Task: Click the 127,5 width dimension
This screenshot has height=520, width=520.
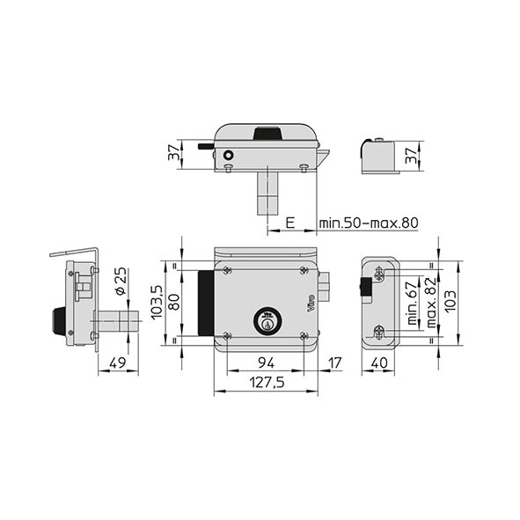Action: [267, 383]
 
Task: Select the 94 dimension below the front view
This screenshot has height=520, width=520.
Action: [267, 363]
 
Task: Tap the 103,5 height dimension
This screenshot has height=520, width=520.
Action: [157, 303]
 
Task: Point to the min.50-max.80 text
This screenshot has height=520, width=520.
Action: [369, 223]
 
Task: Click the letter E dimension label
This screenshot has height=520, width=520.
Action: [290, 223]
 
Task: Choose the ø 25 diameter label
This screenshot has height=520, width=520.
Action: [121, 281]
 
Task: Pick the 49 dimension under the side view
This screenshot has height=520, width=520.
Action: [117, 363]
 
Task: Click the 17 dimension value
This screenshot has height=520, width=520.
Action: [334, 363]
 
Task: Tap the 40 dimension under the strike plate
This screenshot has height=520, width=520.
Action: [379, 363]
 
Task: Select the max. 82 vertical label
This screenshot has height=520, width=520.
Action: [431, 303]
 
